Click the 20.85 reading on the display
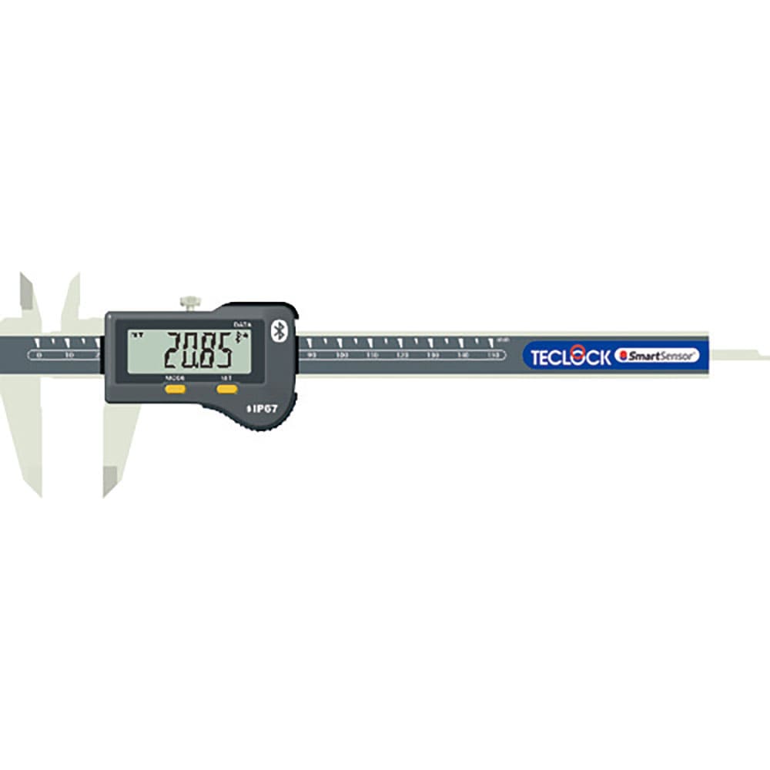point(198,350)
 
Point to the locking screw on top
point(189,303)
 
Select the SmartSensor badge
point(658,356)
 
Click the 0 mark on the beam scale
point(39,355)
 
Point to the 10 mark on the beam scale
point(69,355)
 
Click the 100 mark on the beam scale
point(343,355)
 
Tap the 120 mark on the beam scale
point(403,355)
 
